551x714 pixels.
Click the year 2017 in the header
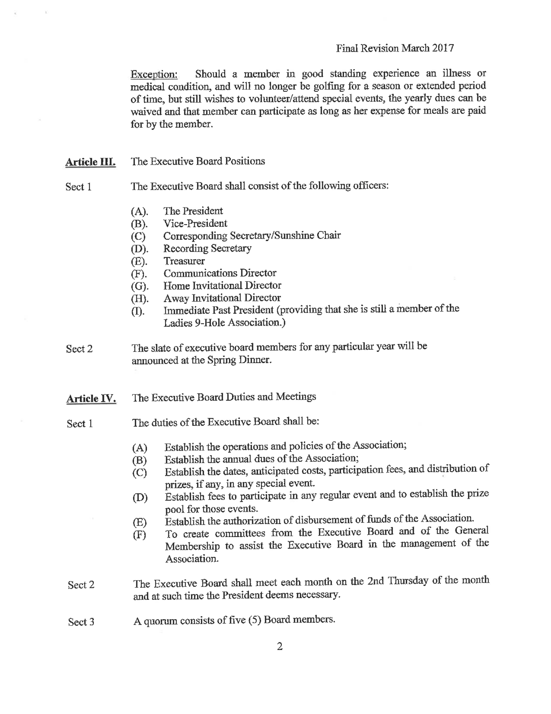(443, 48)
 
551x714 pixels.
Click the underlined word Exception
(154, 74)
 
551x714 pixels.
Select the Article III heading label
(90, 162)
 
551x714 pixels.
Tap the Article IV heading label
(91, 398)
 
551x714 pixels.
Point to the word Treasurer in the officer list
(184, 261)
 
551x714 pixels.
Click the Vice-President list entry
(195, 224)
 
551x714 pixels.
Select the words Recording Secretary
(207, 249)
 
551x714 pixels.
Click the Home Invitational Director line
(222, 286)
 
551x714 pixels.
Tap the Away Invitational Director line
(222, 298)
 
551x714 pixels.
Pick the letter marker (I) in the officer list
(138, 311)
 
